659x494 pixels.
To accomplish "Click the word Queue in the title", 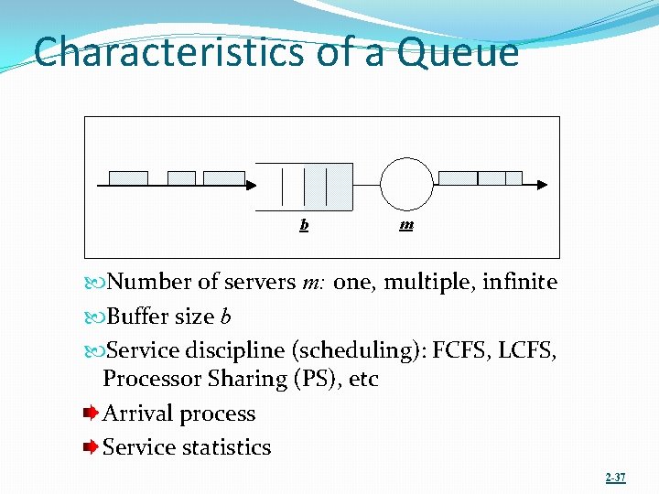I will [459, 52].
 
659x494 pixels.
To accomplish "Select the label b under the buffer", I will [304, 224].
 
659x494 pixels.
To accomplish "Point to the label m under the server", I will [406, 224].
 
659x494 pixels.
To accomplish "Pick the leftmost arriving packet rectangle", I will [128, 177].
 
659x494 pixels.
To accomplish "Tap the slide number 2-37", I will [616, 478].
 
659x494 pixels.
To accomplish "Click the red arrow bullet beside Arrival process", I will [89, 413].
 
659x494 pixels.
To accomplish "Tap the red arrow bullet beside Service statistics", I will [89, 447].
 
